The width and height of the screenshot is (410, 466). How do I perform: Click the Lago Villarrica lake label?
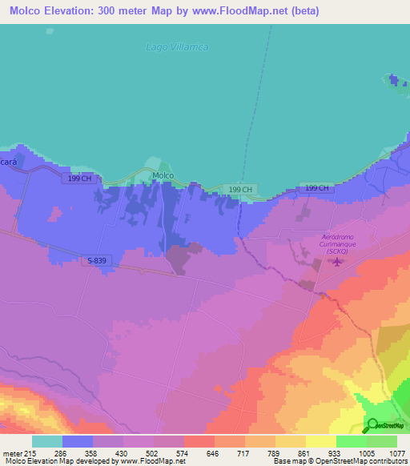pyautogui.click(x=177, y=47)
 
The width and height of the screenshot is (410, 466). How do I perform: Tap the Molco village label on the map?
pyautogui.click(x=163, y=175)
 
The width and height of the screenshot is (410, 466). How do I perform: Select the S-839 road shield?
pyautogui.click(x=94, y=260)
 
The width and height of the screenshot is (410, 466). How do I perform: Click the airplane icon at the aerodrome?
pyautogui.click(x=337, y=260)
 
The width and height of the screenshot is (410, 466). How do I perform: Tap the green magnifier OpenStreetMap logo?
pyautogui.click(x=373, y=424)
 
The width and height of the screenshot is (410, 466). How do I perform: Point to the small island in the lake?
pyautogui.click(x=392, y=79)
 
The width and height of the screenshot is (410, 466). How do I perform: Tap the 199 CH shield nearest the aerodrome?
pyautogui.click(x=316, y=188)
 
